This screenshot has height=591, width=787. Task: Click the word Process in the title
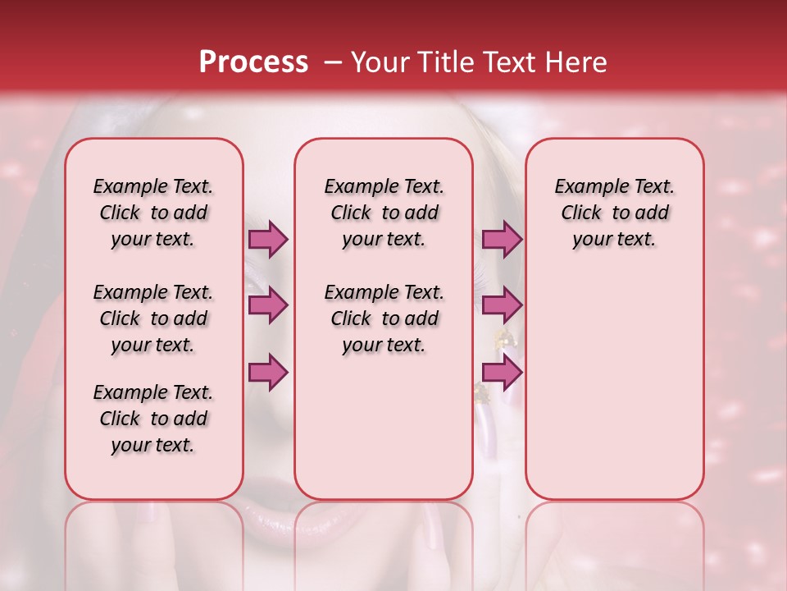pyautogui.click(x=253, y=62)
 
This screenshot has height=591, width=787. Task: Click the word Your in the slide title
pyautogui.click(x=380, y=62)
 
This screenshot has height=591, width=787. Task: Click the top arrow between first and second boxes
pyautogui.click(x=268, y=239)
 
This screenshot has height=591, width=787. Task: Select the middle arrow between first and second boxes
pyautogui.click(x=268, y=305)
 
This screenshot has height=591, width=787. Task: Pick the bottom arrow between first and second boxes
pyautogui.click(x=268, y=372)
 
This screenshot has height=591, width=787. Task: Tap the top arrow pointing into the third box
pyautogui.click(x=502, y=239)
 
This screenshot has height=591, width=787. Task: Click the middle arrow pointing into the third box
pyautogui.click(x=502, y=305)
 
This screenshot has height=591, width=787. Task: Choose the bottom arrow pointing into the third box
pyautogui.click(x=502, y=372)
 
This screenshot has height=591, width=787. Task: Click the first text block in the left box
pyautogui.click(x=153, y=213)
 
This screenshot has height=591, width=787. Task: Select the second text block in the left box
pyautogui.click(x=153, y=318)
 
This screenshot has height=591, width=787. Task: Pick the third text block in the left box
pyautogui.click(x=153, y=419)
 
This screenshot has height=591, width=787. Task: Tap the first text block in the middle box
pyautogui.click(x=384, y=213)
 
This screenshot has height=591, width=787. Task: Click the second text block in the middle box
pyautogui.click(x=384, y=318)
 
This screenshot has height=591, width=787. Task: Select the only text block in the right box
pyautogui.click(x=614, y=213)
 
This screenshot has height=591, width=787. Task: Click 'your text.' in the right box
pyautogui.click(x=614, y=240)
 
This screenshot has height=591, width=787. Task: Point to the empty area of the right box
pyautogui.click(x=614, y=386)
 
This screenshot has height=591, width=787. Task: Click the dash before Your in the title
pyautogui.click(x=332, y=63)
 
